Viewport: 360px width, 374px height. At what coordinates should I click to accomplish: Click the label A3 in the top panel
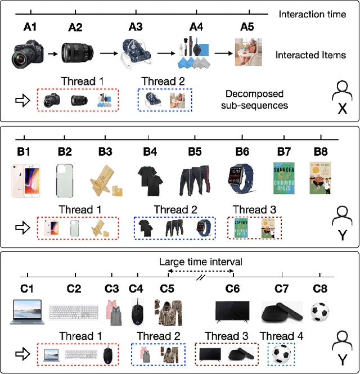pos(135,26)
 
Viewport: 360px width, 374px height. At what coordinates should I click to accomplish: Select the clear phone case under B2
pos(65,180)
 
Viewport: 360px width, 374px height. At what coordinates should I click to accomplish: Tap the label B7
pos(284,151)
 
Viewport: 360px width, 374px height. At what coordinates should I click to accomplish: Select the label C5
pos(167,289)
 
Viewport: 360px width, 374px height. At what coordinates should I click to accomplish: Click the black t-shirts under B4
pos(150,180)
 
